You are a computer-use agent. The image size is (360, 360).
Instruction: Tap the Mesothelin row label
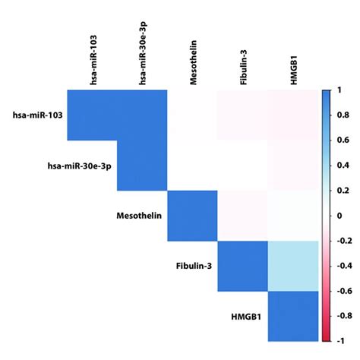point(140,216)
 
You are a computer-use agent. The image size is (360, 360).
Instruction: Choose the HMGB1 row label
point(245,315)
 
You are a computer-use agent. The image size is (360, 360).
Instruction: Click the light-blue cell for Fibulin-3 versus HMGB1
point(293,266)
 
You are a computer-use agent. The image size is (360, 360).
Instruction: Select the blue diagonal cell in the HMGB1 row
point(293,316)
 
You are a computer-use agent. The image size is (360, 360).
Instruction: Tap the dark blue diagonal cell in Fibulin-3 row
point(243,266)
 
